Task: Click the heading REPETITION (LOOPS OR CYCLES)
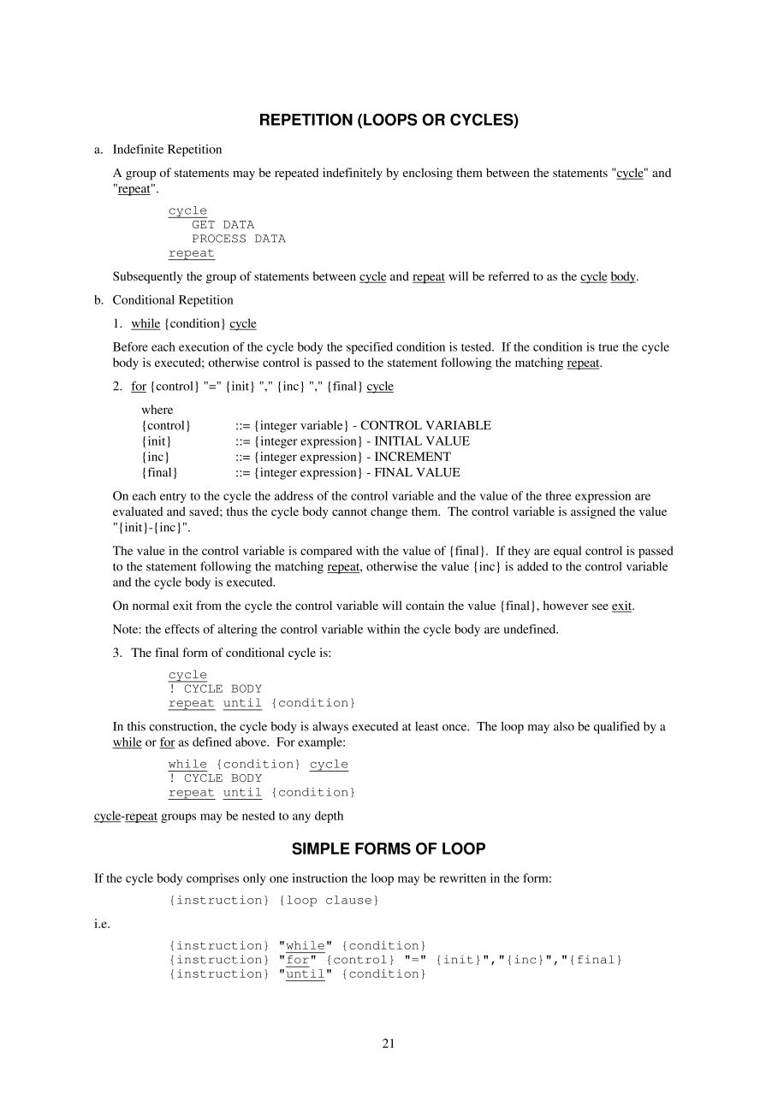coord(389,121)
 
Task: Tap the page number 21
coord(389,1044)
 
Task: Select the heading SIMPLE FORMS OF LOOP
coord(389,849)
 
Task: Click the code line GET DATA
coord(223,225)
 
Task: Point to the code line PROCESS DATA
coord(238,240)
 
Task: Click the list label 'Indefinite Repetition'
coord(167,150)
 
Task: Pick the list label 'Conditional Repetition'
coord(172,300)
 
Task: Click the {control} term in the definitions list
coord(166,426)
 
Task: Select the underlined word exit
coord(621,606)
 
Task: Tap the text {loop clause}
coord(329,901)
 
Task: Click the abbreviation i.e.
coord(101,924)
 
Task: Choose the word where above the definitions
coord(157,411)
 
